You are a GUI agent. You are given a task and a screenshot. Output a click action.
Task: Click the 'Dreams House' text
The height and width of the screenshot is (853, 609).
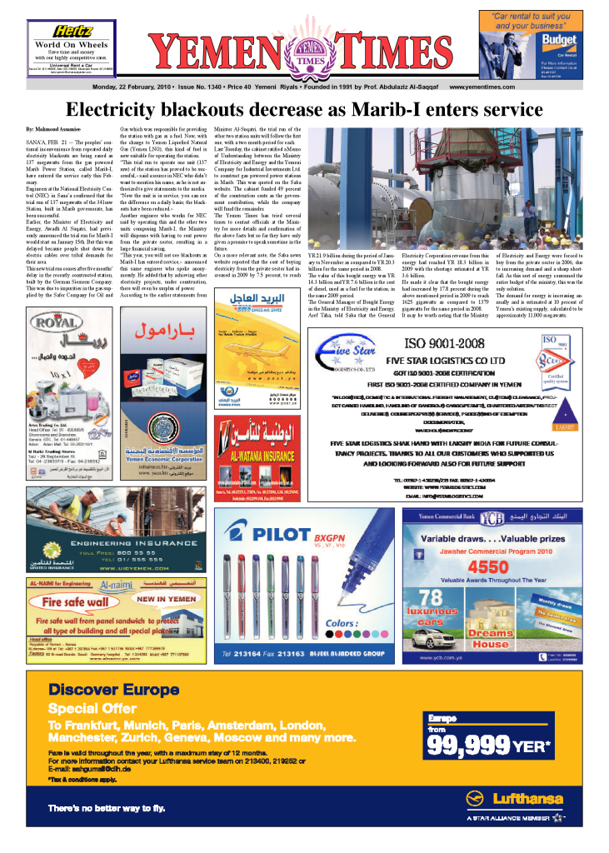click(490, 638)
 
